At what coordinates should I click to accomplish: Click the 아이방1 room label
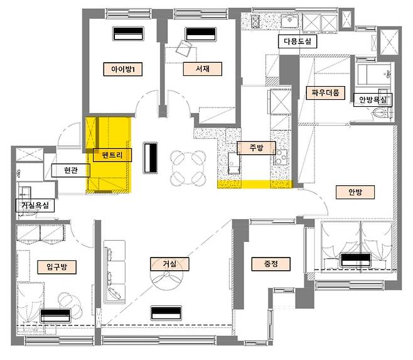coord(123,69)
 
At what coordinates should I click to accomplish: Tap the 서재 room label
coord(203,69)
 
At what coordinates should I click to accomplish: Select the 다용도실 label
coord(298,41)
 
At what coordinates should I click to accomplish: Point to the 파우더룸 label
coord(326,93)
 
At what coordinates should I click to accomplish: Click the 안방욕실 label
coord(373,100)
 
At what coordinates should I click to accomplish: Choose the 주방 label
coord(256,148)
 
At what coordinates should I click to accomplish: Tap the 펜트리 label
coord(112,155)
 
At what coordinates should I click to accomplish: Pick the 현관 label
coord(70,170)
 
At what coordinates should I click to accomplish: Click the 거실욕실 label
coord(35,205)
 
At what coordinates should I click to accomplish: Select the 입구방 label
coord(57,267)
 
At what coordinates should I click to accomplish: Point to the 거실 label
coord(169,264)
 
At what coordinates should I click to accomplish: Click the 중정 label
coord(271,264)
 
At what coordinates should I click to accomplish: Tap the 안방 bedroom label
coord(355,192)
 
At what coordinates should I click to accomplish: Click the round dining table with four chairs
coord(188,168)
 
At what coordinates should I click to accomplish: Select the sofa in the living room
coord(115,271)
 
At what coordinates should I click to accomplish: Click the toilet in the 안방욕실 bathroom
coord(381,114)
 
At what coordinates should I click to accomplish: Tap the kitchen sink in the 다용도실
coord(289,21)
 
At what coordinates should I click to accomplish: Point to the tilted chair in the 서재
coord(184,48)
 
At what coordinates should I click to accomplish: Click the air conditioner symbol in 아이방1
coord(128,33)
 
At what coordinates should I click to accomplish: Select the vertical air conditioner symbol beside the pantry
coord(150,158)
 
